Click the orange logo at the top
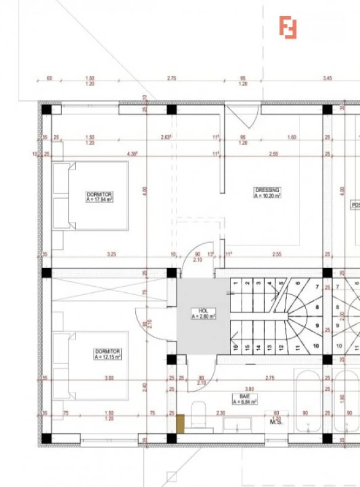[x=288, y=28]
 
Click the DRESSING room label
[x=267, y=190]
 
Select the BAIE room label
[x=245, y=396]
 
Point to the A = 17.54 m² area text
[x=99, y=200]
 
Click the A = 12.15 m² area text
[x=107, y=357]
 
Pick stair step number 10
[x=315, y=345]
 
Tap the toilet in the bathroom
[x=199, y=415]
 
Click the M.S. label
[x=277, y=422]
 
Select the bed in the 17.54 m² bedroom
[x=91, y=196]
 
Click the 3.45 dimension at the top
[x=327, y=78]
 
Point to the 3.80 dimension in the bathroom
[x=249, y=389]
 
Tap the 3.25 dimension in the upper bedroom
[x=111, y=254]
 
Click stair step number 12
[x=281, y=347]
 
